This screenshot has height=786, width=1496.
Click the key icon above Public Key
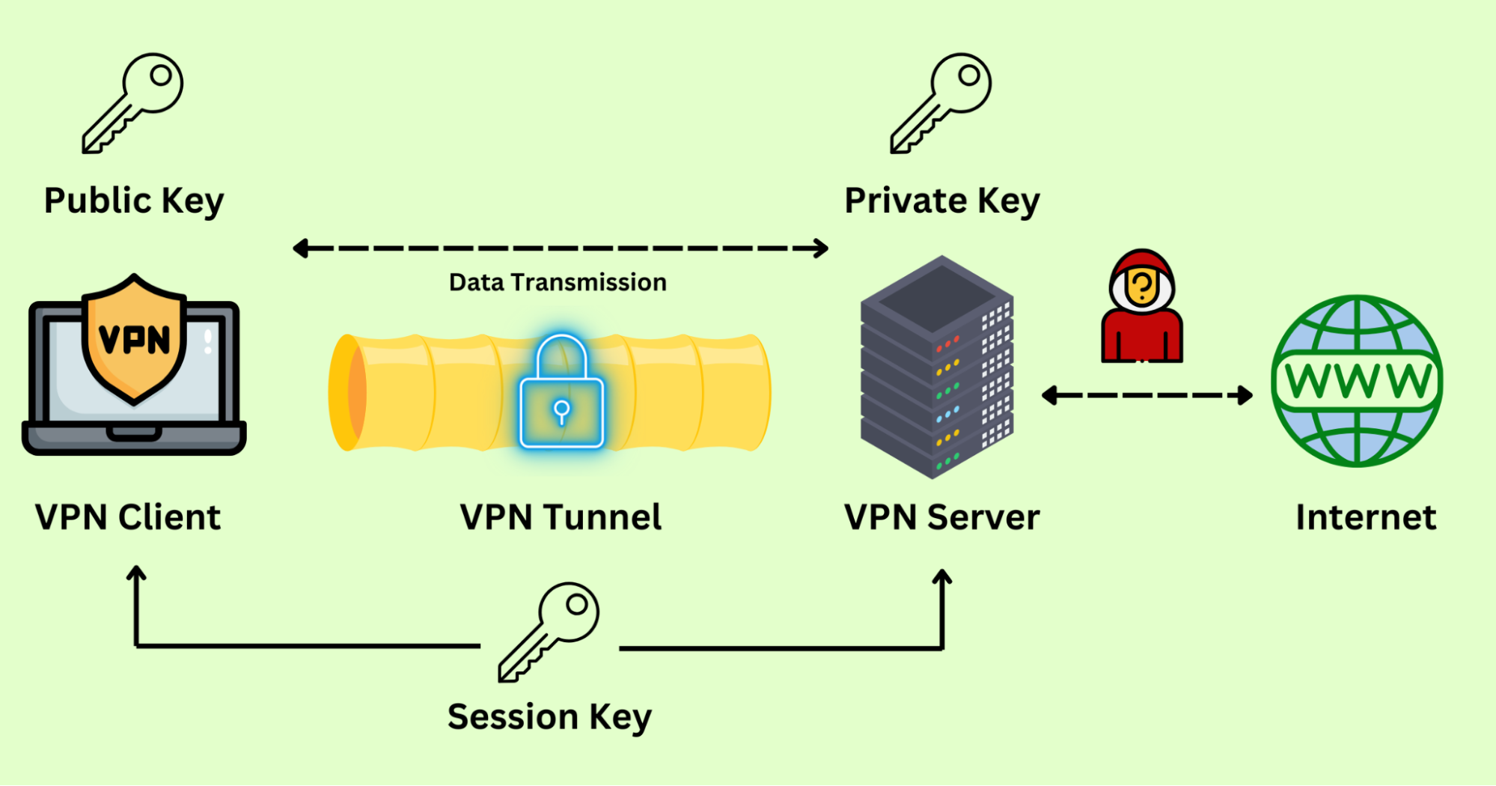click(x=132, y=103)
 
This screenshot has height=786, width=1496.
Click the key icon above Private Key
click(x=941, y=103)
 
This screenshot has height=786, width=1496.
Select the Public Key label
click(x=134, y=201)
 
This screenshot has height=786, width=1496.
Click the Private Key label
click(x=942, y=201)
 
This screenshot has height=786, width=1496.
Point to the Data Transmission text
click(x=558, y=282)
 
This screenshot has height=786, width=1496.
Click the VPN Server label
click(x=941, y=517)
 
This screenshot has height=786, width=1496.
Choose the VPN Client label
click(x=128, y=517)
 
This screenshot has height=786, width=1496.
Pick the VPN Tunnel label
click(x=561, y=517)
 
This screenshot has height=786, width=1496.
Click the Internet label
click(x=1366, y=517)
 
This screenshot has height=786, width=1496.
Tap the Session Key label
click(x=549, y=717)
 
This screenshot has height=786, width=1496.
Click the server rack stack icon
click(x=937, y=367)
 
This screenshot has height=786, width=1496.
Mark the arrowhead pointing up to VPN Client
click(x=136, y=573)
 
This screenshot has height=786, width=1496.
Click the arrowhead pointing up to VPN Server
click(x=942, y=576)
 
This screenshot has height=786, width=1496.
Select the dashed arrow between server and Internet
click(x=1147, y=395)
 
